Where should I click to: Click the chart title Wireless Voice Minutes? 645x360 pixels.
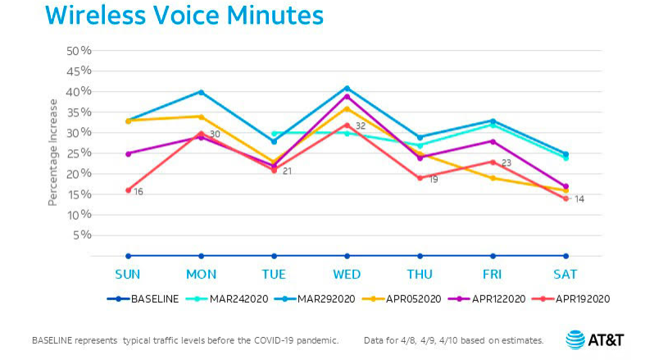[x=184, y=16]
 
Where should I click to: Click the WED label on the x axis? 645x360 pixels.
[x=347, y=273]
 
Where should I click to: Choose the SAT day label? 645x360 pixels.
[x=566, y=273]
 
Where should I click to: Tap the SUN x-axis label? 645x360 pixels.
[x=128, y=273]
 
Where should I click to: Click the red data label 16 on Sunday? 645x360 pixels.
[x=139, y=191]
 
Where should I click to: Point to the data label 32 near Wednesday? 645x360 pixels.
[x=360, y=126]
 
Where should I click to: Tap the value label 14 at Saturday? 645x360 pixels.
[x=578, y=199]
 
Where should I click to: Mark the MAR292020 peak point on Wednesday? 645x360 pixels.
[x=347, y=88]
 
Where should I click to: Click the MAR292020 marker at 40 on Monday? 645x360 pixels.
[x=201, y=92]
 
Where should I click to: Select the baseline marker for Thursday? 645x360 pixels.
[x=420, y=256]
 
